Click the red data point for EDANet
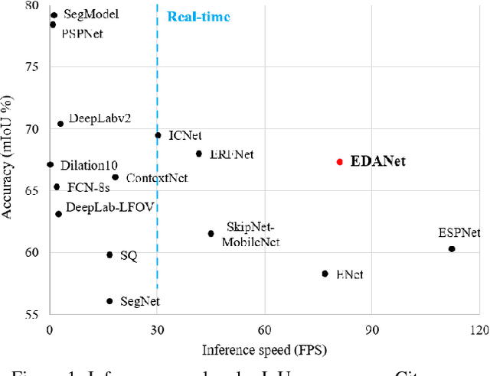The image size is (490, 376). [x=340, y=162]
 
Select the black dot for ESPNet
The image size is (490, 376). [x=451, y=249]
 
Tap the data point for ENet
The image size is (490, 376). [x=325, y=274]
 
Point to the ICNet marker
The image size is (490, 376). [x=158, y=135]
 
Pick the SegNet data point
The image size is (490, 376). [x=109, y=302]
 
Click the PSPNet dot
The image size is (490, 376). [x=53, y=24]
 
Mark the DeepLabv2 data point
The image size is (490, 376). [x=60, y=124]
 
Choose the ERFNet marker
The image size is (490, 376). [x=199, y=154]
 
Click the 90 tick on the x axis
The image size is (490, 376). [x=371, y=330]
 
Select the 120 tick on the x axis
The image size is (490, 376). [x=479, y=330]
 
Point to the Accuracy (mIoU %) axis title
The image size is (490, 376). [x=10, y=159]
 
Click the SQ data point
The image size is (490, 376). [x=109, y=254]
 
